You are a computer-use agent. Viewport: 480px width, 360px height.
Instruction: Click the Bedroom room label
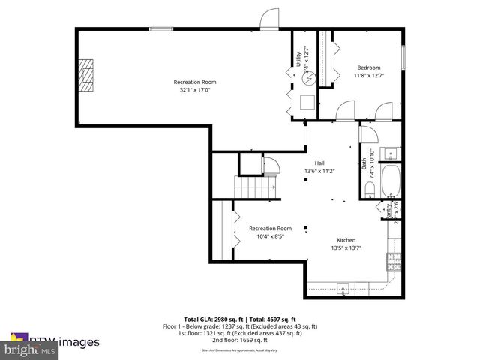367,67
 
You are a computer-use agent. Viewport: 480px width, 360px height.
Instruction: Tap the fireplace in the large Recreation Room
88,75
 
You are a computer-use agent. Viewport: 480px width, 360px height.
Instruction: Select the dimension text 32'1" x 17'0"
195,90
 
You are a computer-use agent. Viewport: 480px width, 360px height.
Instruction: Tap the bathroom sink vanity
391,155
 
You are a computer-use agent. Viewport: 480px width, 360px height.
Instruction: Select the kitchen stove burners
394,262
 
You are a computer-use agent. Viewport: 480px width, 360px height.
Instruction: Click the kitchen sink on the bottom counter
342,287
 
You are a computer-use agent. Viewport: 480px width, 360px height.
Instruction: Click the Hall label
319,163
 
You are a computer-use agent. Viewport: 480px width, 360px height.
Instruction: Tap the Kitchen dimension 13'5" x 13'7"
346,247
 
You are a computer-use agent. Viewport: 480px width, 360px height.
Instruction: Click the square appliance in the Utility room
307,103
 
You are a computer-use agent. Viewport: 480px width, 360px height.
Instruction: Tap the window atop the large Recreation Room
160,28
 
